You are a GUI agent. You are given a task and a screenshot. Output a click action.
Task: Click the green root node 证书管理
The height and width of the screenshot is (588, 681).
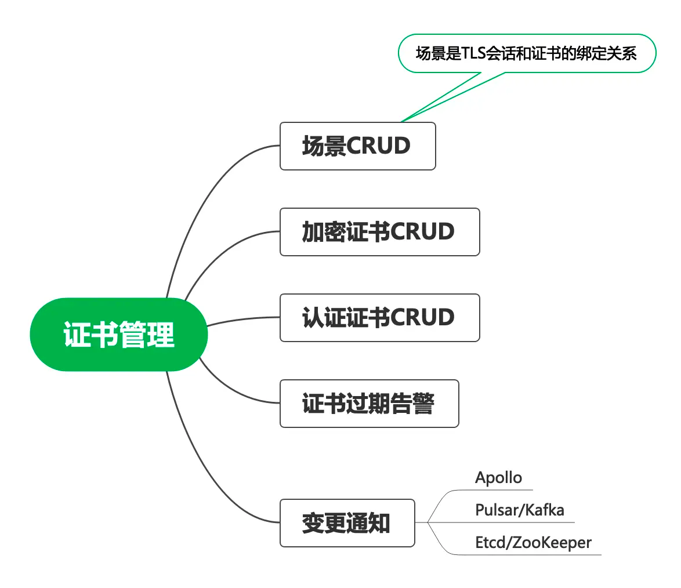pyautogui.click(x=119, y=335)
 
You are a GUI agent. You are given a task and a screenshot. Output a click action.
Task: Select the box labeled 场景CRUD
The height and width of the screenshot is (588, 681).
pyautogui.click(x=357, y=146)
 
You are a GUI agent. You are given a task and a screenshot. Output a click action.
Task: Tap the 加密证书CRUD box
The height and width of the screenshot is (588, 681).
pyautogui.click(x=379, y=232)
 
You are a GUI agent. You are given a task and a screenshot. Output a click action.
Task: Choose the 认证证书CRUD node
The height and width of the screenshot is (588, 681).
pyautogui.click(x=379, y=318)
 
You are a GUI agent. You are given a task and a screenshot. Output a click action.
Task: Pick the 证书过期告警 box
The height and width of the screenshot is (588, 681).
pyautogui.click(x=369, y=404)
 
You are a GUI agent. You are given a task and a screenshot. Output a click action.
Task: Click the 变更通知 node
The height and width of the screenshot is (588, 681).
pyautogui.click(x=347, y=523)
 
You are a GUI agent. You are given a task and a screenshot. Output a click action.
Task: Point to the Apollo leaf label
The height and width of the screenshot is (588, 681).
pyautogui.click(x=498, y=478)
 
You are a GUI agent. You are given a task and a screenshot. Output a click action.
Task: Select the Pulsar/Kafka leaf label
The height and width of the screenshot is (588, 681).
pyautogui.click(x=519, y=510)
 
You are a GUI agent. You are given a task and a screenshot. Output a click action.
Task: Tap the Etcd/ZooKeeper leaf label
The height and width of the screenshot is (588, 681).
pyautogui.click(x=533, y=543)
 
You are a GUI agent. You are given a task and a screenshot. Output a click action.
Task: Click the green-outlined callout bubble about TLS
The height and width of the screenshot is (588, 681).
pyautogui.click(x=527, y=53)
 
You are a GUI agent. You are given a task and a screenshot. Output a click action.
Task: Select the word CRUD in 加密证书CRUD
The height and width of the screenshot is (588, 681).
pyautogui.click(x=422, y=232)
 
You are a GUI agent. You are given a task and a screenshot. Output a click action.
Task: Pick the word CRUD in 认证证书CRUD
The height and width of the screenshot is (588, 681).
pyautogui.click(x=422, y=318)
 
